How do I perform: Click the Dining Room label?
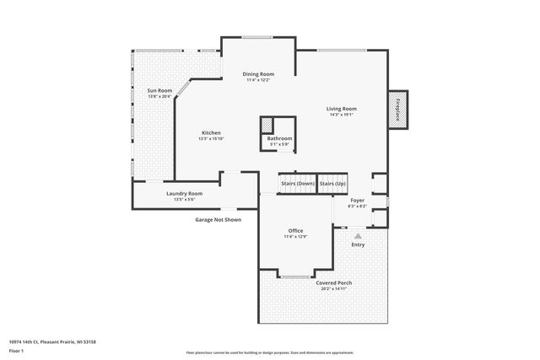pyautogui.click(x=259, y=74)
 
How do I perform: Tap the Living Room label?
pyautogui.click(x=343, y=109)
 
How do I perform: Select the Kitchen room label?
pyautogui.click(x=211, y=133)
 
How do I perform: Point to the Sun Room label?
pyautogui.click(x=159, y=90)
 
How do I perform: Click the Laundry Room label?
pyautogui.click(x=184, y=193)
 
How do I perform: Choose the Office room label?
pyautogui.click(x=295, y=230)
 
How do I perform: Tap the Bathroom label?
pyautogui.click(x=279, y=138)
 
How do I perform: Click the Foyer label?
pyautogui.click(x=358, y=200)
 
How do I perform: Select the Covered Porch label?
pyautogui.click(x=334, y=282)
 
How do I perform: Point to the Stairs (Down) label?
pyautogui.click(x=297, y=183)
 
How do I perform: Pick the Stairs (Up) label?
pyautogui.click(x=333, y=183)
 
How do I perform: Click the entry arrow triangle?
pyautogui.click(x=358, y=236)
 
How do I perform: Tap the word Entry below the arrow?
pyautogui.click(x=358, y=244)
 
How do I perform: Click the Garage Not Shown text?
pyautogui.click(x=219, y=219)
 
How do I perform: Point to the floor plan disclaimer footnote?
pyautogui.click(x=270, y=352)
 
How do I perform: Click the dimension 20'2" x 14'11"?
pyautogui.click(x=334, y=288)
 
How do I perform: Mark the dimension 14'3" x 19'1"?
pyautogui.click(x=343, y=115)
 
